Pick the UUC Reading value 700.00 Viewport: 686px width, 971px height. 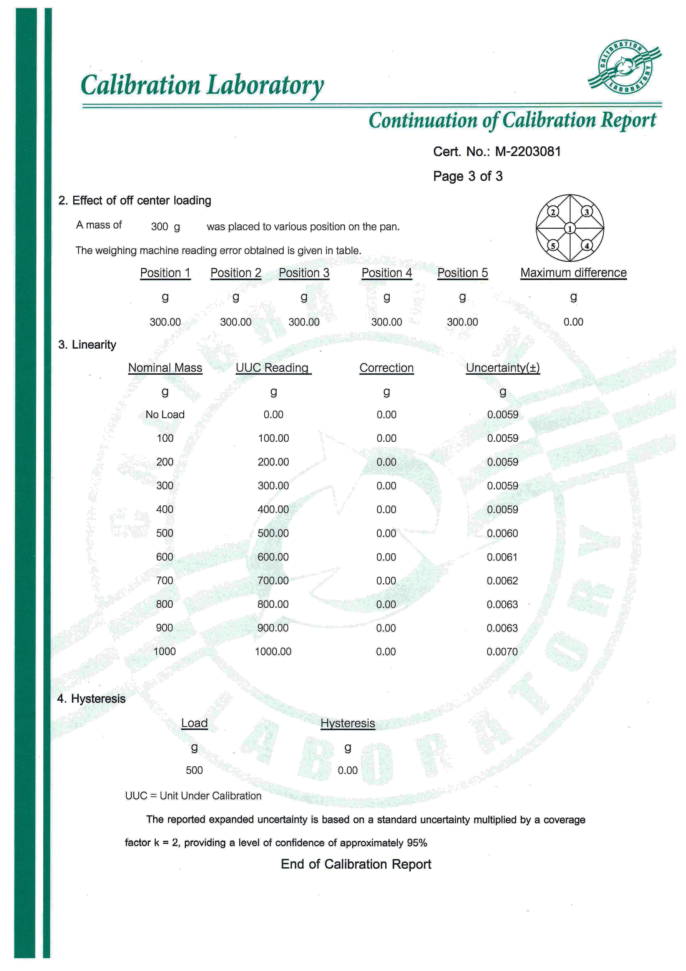click(273, 581)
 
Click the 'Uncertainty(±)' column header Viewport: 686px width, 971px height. click(503, 368)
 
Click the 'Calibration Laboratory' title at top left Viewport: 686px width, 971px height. click(202, 85)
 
